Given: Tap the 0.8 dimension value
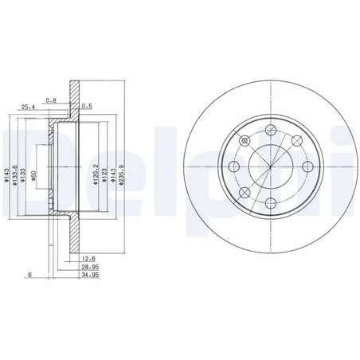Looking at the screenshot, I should (51, 100).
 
